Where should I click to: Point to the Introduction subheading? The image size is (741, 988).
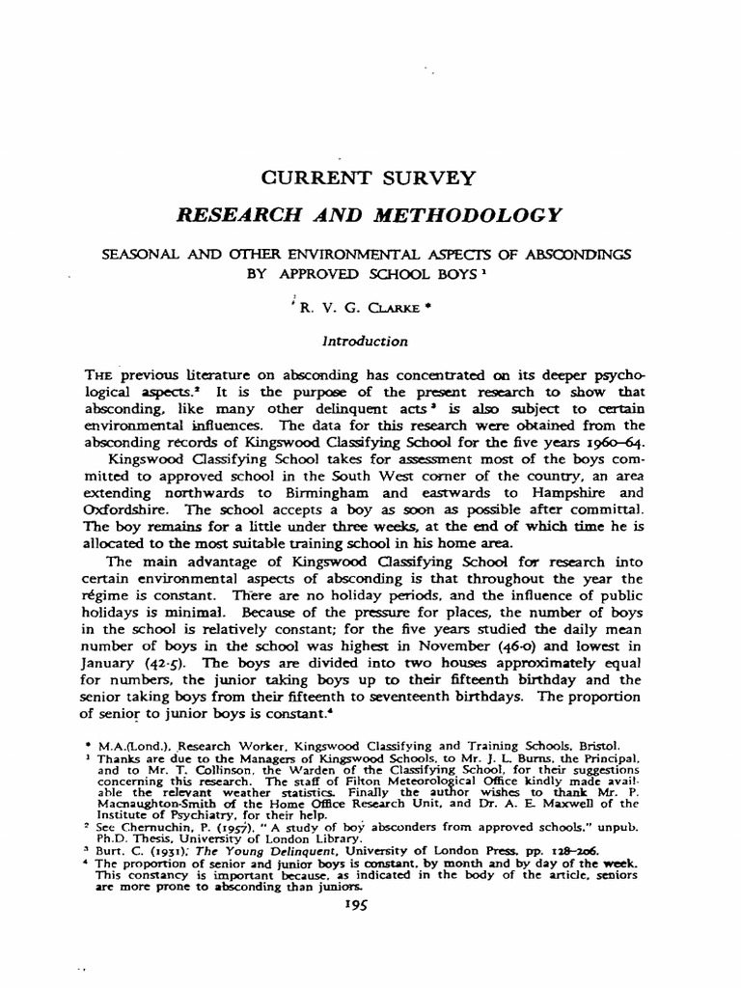[370, 341]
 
